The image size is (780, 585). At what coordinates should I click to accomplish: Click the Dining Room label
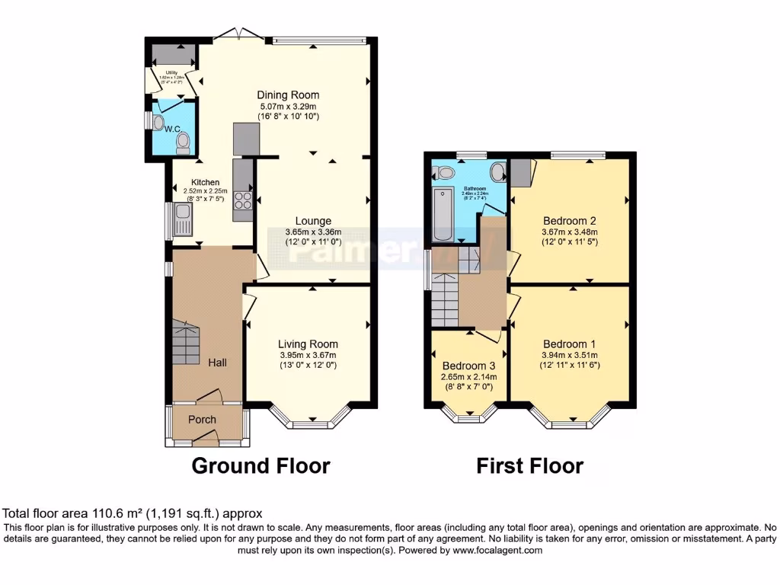286,95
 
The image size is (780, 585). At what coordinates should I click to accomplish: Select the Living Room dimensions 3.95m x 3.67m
307,355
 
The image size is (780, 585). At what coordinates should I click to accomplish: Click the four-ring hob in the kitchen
243,200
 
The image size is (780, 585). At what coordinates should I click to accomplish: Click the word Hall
218,363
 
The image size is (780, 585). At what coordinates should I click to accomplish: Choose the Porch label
202,420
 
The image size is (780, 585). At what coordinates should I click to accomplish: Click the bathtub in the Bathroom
443,213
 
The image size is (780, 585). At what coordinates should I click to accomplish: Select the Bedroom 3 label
468,365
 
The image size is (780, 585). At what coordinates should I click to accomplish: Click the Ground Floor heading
261,465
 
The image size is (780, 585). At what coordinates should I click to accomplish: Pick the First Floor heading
530,465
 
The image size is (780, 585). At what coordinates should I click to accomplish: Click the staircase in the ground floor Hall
185,343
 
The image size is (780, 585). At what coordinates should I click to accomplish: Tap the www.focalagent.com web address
497,550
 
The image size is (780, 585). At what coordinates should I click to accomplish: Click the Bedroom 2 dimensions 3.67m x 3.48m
570,232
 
